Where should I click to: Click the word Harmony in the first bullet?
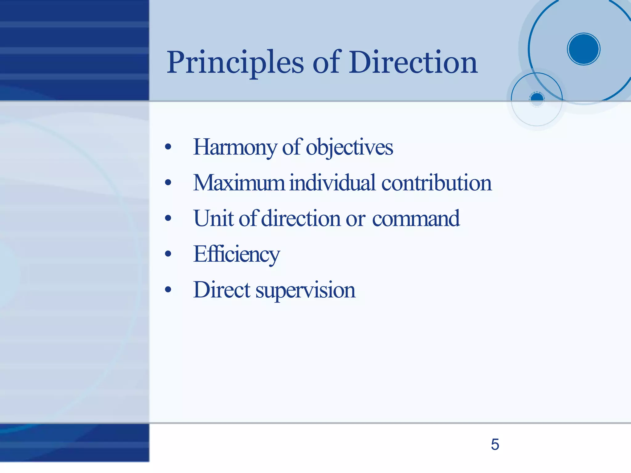[x=235, y=148]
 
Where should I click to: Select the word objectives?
[x=349, y=148]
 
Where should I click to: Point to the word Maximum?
[x=239, y=183]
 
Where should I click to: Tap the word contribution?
[x=436, y=183]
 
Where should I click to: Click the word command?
[x=416, y=218]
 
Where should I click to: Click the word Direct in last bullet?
[x=222, y=290]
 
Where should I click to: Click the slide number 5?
[x=495, y=444]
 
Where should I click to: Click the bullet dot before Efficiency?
[x=168, y=254]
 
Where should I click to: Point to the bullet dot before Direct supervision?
[x=168, y=290]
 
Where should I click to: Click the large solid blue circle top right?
[x=583, y=49]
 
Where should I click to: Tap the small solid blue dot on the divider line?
[x=537, y=99]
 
